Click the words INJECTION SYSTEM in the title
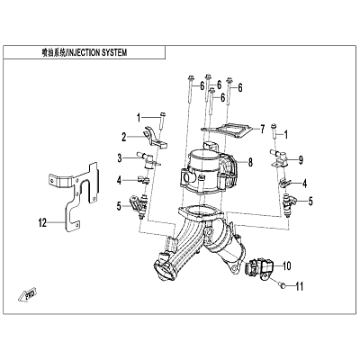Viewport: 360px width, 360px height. (x=97, y=53)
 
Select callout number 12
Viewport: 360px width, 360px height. (x=42, y=223)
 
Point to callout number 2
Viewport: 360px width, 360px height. (x=124, y=138)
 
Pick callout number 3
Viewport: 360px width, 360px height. (x=120, y=158)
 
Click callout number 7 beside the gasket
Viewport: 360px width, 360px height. (x=262, y=130)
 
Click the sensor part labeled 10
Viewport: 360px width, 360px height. (x=259, y=268)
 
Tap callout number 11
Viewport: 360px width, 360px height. (x=300, y=286)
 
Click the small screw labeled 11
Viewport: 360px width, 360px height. (x=282, y=286)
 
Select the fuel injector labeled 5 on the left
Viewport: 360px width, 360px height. (x=139, y=205)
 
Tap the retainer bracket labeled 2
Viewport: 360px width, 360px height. (x=155, y=137)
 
